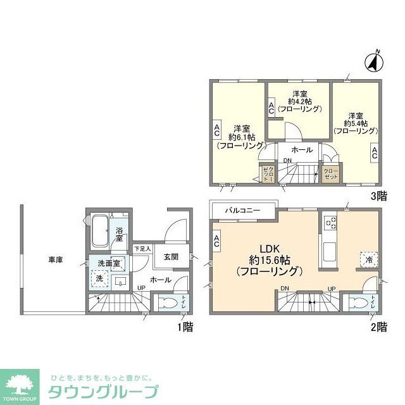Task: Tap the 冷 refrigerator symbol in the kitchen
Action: [366, 258]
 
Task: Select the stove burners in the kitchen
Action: [330, 223]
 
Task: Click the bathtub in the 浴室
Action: [99, 231]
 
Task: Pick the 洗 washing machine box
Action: [98, 278]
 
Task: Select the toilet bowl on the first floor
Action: [165, 302]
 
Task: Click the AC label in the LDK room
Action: [216, 240]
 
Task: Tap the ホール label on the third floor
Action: [302, 149]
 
